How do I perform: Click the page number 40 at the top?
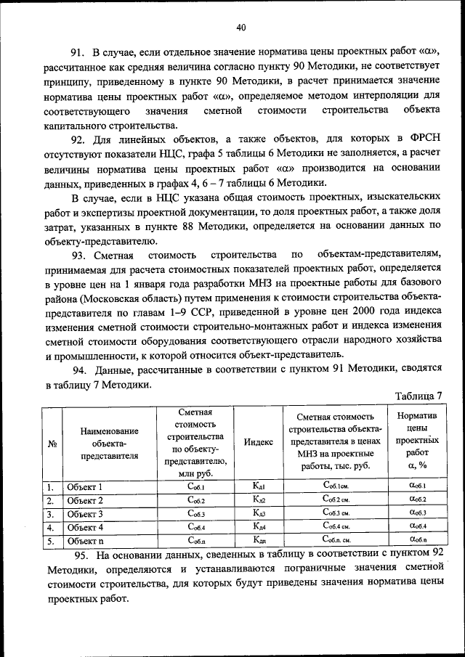(241, 28)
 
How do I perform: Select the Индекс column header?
(259, 443)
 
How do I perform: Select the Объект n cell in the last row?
(85, 541)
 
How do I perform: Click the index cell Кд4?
(259, 528)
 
